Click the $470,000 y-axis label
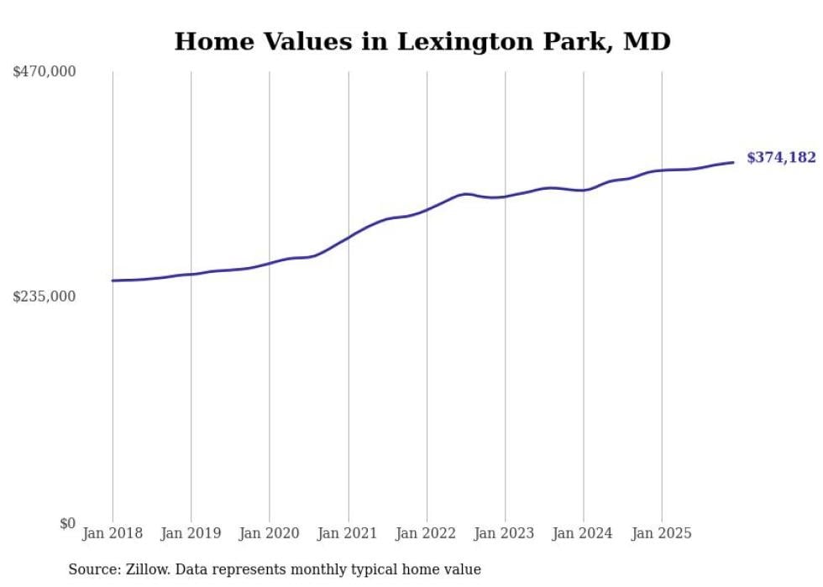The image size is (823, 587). coord(44,72)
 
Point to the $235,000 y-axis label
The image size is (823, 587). coord(44,296)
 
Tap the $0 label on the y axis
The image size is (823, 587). coord(67,523)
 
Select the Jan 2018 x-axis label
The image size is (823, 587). coord(113,533)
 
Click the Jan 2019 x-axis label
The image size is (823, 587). coord(191,533)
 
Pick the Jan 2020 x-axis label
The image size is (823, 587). coord(270,533)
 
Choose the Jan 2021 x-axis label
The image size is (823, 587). coord(348,533)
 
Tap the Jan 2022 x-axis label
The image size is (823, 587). coord(427,533)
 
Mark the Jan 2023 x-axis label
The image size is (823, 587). coord(505,533)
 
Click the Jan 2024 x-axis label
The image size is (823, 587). coord(583,533)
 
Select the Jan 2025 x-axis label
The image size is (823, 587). coord(662,533)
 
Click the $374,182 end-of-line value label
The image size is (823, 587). coord(781,157)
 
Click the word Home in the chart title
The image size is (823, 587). coord(207,41)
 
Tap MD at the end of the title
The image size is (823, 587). coord(647,41)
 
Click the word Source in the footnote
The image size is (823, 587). coord(92,569)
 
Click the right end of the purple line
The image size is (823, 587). coord(733,162)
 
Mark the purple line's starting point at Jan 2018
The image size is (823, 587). coord(113,280)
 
